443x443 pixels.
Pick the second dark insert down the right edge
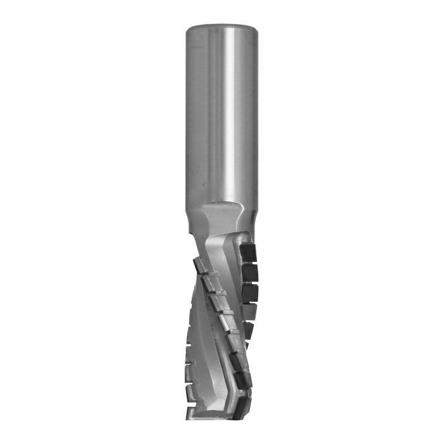251,273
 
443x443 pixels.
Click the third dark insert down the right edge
250,293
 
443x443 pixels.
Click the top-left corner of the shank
187,28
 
